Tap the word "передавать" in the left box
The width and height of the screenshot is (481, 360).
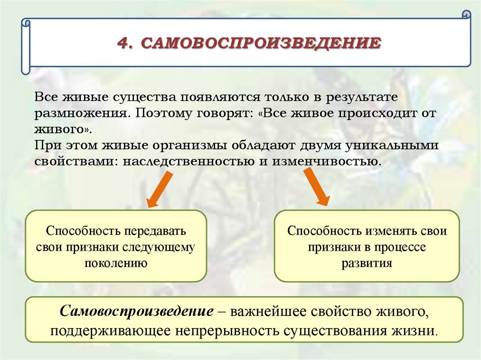coord(156,232)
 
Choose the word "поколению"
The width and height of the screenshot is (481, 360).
coord(116,262)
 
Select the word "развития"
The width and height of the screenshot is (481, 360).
coord(366,262)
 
